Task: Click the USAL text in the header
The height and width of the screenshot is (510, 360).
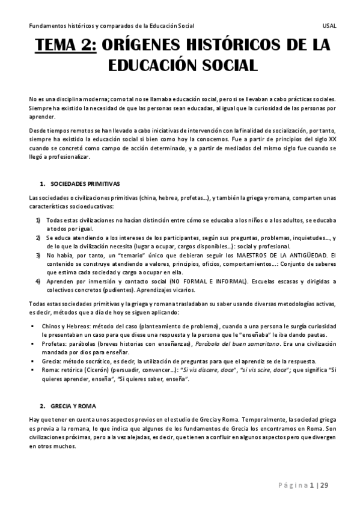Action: click(329, 26)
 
